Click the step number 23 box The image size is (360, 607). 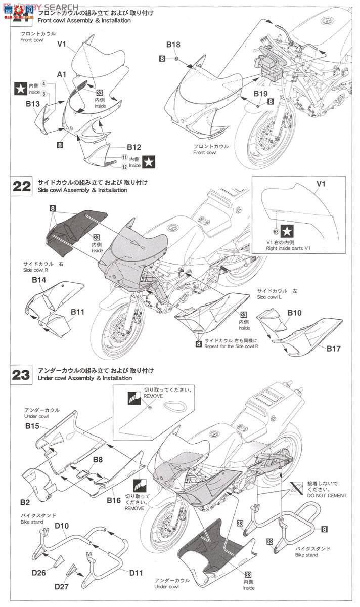pyautogui.click(x=21, y=375)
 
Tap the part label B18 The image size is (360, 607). pyautogui.click(x=173, y=45)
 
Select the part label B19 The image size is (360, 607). pyautogui.click(x=261, y=94)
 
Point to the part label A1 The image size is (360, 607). pyautogui.click(x=62, y=74)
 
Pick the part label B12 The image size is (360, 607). pyautogui.click(x=133, y=147)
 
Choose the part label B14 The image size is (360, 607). pyautogui.click(x=39, y=280)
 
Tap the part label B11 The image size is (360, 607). pyautogui.click(x=77, y=312)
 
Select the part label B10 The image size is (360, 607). pyautogui.click(x=295, y=313)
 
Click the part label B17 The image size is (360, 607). pyautogui.click(x=333, y=348)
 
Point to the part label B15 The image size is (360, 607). pyautogui.click(x=32, y=426)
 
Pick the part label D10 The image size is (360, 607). pyautogui.click(x=62, y=526)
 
